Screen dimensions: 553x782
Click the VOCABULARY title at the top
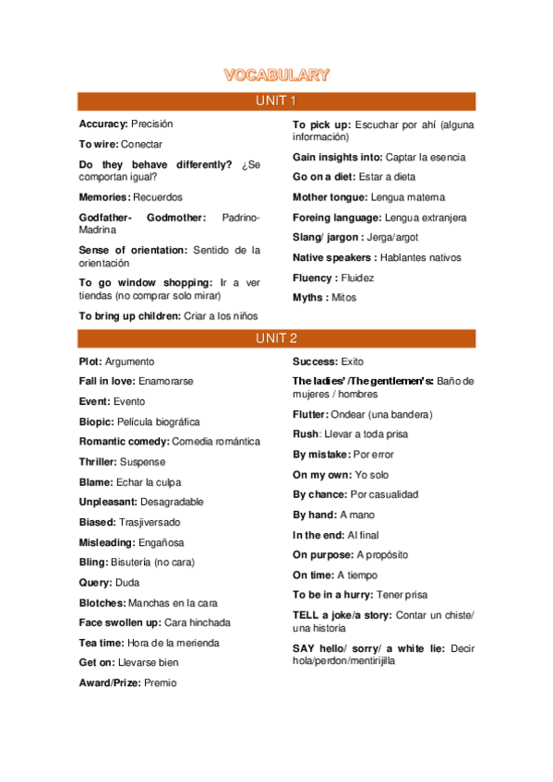point(276,75)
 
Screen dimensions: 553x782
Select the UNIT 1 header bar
point(276,101)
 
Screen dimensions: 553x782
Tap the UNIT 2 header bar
point(276,338)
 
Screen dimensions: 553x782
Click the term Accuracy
point(102,124)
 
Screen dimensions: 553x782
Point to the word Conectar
point(141,144)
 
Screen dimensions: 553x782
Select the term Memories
point(103,197)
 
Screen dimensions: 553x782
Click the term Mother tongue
point(330,197)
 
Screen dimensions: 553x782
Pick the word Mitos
point(343,298)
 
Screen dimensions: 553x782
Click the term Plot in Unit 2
point(90,361)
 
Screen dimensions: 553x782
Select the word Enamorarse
point(166,382)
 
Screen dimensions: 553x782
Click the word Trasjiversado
point(150,522)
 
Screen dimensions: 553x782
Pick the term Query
point(95,583)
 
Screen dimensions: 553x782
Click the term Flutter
point(311,414)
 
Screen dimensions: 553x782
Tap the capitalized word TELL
point(306,615)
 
